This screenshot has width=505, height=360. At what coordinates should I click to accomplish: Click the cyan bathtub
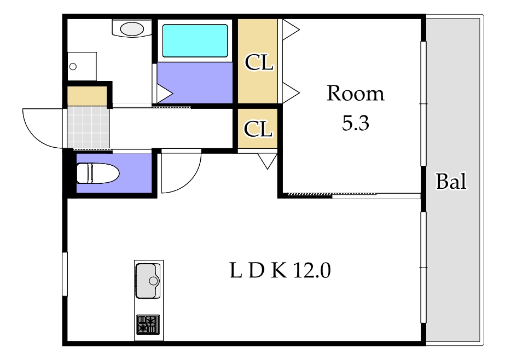pyautogui.click(x=195, y=40)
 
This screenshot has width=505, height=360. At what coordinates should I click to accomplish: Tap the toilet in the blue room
pyautogui.click(x=98, y=173)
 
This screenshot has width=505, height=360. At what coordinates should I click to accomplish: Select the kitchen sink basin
pyautogui.click(x=148, y=281)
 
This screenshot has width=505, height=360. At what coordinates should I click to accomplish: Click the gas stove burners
pyautogui.click(x=148, y=324)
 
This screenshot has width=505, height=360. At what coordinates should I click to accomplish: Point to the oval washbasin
pyautogui.click(x=132, y=28)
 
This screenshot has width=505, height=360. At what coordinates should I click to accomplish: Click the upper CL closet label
pyautogui.click(x=259, y=62)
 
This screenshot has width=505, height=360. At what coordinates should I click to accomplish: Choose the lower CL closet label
pyautogui.click(x=258, y=129)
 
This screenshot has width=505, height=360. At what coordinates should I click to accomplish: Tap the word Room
pyautogui.click(x=356, y=94)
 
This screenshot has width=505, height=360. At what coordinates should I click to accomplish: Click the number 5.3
pyautogui.click(x=355, y=123)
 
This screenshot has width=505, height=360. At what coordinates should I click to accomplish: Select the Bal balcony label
pyautogui.click(x=451, y=181)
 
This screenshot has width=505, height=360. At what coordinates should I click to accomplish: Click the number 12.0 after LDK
pyautogui.click(x=312, y=270)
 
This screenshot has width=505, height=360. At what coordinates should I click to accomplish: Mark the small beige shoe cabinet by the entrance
pyautogui.click(x=87, y=96)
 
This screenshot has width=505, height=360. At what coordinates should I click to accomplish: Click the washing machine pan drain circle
pyautogui.click(x=73, y=67)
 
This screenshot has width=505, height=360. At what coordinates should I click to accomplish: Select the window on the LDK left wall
pyautogui.click(x=65, y=274)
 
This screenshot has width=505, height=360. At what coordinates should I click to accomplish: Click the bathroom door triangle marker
pyautogui.click(x=164, y=94)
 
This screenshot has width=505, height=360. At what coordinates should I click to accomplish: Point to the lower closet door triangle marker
pyautogui.click(x=268, y=161)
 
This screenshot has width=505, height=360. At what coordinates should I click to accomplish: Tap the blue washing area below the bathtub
pyautogui.click(x=195, y=83)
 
